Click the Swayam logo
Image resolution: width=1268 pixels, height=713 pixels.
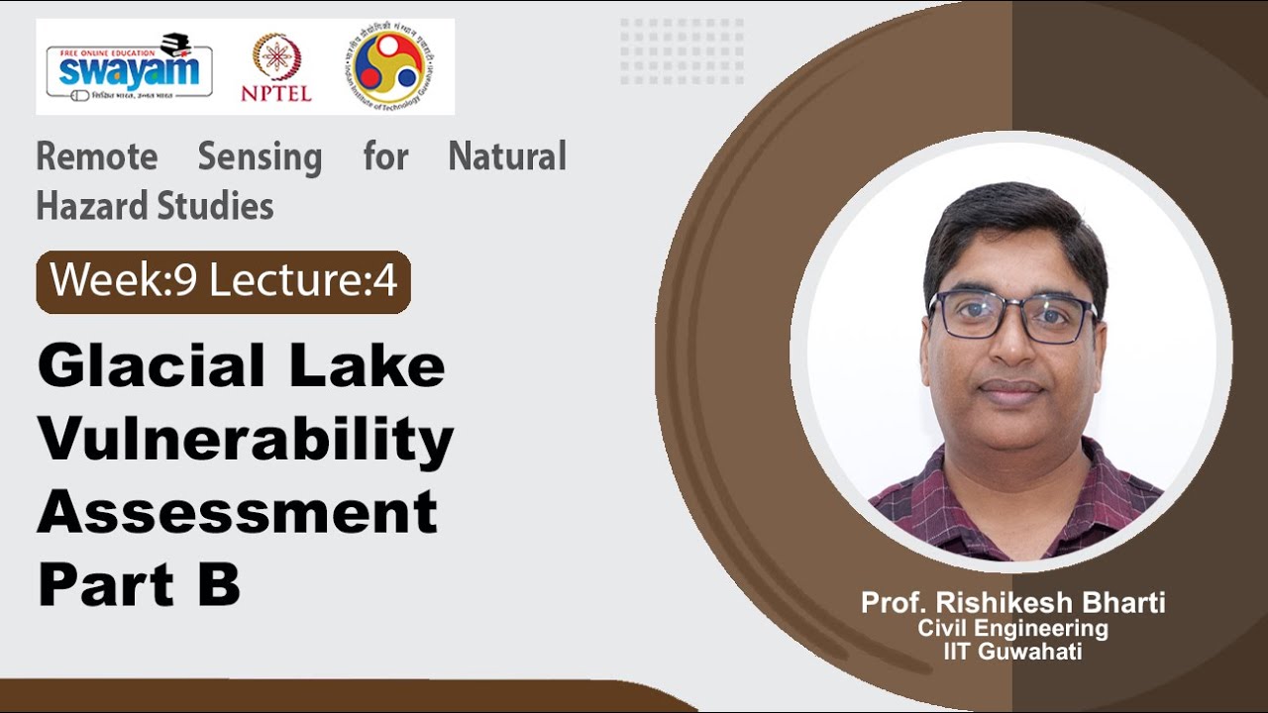pos(129,66)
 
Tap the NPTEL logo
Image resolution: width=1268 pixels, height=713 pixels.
pos(276,67)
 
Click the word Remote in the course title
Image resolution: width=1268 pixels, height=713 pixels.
pos(96,156)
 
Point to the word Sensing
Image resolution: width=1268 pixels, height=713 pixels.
pos(260,156)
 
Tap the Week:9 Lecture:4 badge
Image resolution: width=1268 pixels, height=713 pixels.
pos(224,282)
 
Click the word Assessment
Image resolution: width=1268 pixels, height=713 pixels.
pos(238,512)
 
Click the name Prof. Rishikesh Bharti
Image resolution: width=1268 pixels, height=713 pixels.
pos(1012,602)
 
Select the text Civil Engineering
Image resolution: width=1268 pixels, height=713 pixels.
pos(1012,628)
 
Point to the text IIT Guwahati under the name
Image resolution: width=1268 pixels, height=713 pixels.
pos(1012,652)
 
